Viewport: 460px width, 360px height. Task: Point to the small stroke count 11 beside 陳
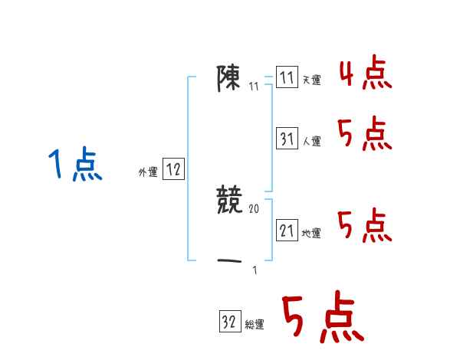coord(253,87)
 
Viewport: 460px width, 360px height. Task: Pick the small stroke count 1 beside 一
coord(254,270)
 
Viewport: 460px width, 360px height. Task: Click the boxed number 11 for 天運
coord(287,78)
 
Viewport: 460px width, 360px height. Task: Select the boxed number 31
coord(287,139)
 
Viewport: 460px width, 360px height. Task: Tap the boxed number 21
coord(287,231)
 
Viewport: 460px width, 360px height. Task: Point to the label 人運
coord(311,142)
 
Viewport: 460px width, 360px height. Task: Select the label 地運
coord(311,233)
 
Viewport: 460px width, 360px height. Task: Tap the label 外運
coord(148,173)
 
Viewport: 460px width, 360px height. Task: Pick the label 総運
coord(255,325)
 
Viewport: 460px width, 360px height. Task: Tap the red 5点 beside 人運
coord(365,136)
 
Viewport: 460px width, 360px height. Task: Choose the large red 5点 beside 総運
coord(322,318)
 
